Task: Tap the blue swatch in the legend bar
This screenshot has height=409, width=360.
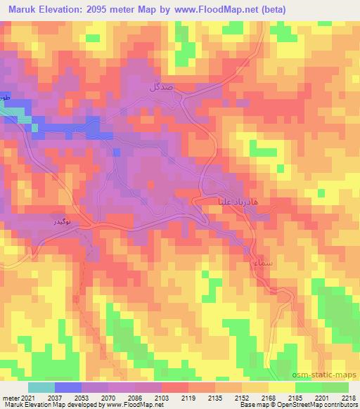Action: click(x=68, y=387)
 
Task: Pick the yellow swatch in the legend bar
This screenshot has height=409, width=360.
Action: click(x=282, y=387)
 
